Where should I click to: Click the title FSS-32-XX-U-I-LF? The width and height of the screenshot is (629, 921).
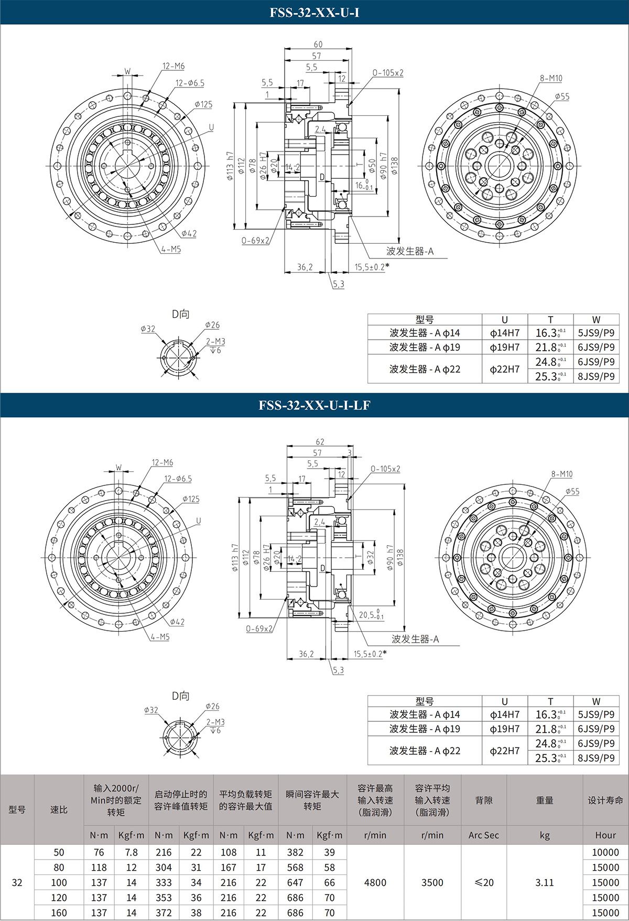(x=314, y=405)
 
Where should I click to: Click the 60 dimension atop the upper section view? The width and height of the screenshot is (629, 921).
(x=318, y=45)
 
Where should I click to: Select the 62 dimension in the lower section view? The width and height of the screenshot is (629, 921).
(x=320, y=442)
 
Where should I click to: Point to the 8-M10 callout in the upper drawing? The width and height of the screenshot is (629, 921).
(x=551, y=79)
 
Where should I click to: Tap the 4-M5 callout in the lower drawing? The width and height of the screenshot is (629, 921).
(x=160, y=637)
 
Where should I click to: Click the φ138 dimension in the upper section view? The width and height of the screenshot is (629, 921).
(x=394, y=166)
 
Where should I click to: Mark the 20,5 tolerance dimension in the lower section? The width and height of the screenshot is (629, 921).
(x=370, y=615)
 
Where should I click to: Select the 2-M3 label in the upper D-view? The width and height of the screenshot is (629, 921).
(x=215, y=341)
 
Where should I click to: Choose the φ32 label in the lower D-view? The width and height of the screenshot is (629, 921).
(x=151, y=710)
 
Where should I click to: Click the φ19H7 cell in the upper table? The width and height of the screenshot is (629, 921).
(x=504, y=347)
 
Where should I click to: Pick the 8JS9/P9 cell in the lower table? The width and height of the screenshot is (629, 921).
(x=596, y=758)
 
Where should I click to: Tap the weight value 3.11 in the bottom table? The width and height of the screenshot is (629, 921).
(x=544, y=882)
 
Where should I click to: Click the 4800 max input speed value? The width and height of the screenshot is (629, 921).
(x=375, y=882)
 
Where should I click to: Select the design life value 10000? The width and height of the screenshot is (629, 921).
(x=605, y=852)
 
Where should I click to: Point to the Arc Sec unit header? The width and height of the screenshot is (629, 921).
(x=483, y=835)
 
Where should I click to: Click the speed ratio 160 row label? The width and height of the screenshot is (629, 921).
(x=59, y=913)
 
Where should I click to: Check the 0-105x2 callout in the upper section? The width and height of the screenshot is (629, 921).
(x=388, y=73)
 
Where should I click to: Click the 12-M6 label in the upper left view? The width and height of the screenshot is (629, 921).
(x=173, y=66)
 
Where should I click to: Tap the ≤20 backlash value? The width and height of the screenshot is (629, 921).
(x=483, y=882)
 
